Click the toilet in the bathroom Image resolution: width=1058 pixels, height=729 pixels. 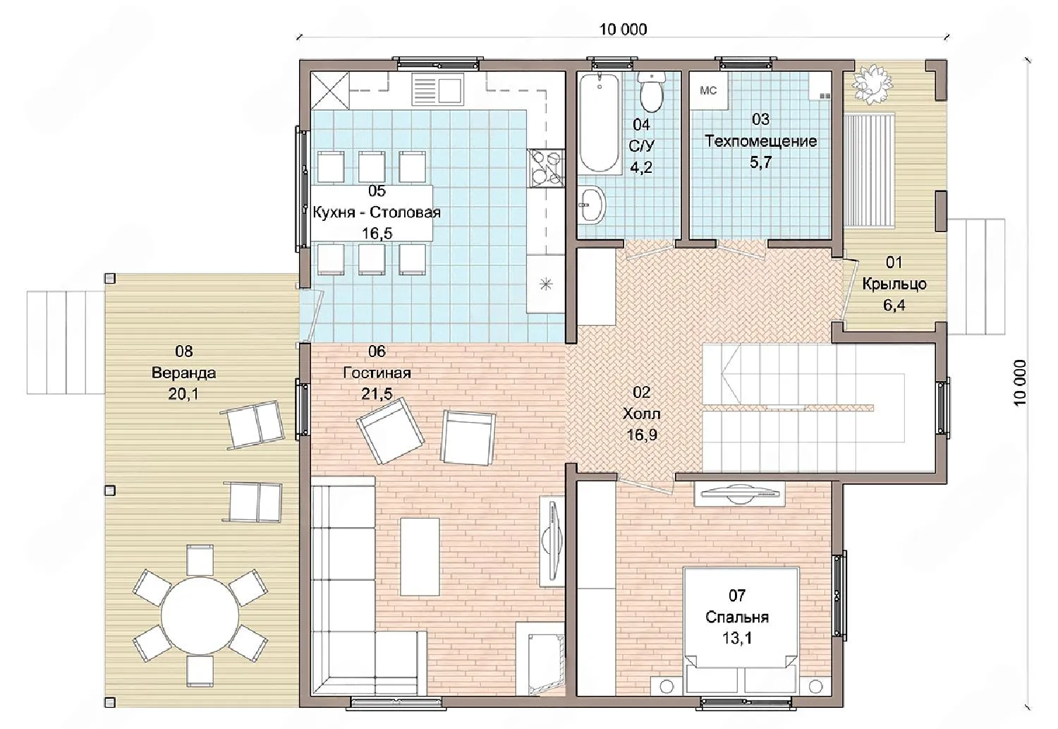[651, 92]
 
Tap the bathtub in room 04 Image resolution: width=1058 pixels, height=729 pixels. [599, 123]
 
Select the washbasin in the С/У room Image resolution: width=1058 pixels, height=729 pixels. [592, 205]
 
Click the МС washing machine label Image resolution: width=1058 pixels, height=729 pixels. [708, 91]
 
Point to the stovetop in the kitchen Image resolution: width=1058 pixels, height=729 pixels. [546, 167]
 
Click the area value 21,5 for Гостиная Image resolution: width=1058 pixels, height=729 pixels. [377, 394]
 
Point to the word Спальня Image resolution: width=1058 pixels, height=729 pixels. [737, 617]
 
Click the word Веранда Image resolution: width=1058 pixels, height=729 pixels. [183, 373]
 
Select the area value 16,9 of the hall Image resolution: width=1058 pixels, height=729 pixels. [641, 435]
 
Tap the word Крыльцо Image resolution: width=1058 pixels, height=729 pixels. [894, 284]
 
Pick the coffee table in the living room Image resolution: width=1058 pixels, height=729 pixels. [420, 557]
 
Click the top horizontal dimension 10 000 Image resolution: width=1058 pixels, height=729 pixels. [623, 30]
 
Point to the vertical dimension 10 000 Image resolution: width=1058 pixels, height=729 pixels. [1019, 382]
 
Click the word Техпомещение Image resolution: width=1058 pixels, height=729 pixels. [760, 141]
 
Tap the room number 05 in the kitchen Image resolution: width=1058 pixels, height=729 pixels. [377, 191]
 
